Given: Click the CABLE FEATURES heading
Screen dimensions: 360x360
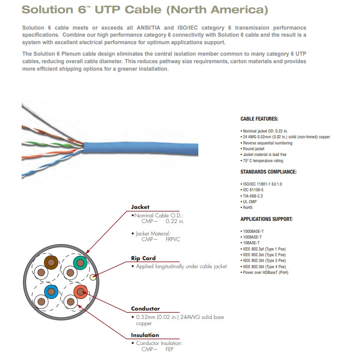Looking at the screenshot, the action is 259,119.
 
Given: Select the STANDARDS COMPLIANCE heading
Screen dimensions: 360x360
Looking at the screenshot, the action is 268,172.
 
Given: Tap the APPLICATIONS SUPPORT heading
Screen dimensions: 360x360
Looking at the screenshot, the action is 266,219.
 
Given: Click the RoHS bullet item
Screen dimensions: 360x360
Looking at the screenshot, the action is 247,208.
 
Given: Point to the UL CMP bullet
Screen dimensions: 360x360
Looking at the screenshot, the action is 250,202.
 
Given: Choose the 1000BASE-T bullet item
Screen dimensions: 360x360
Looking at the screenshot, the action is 253,231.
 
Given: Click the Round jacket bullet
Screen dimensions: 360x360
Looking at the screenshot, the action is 254,149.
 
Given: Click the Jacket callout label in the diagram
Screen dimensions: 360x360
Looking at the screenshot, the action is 140,207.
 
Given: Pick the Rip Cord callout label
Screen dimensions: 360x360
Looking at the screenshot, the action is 143,258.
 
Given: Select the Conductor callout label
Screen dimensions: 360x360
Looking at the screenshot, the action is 145,309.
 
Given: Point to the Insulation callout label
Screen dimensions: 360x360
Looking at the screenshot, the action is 145,335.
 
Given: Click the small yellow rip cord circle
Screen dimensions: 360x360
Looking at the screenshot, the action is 93,277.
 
